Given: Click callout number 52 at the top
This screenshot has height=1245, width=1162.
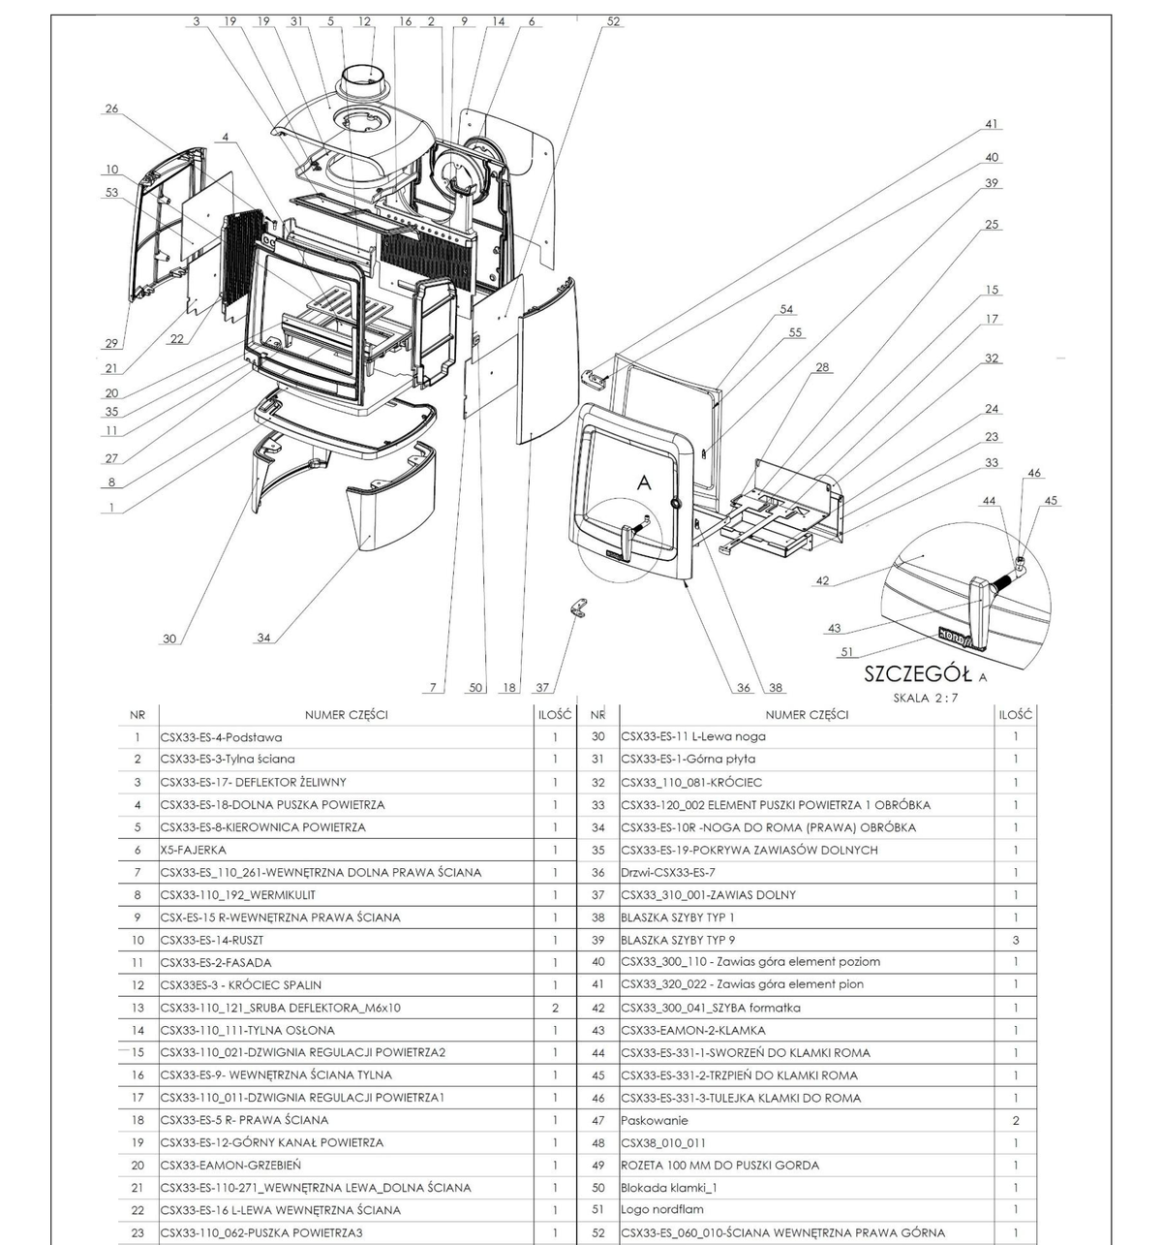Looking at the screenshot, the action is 613,20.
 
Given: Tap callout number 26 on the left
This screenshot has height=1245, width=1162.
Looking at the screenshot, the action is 111,109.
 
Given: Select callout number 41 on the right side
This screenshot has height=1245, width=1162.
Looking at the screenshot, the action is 991,124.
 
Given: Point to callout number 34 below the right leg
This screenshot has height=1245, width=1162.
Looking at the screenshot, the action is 263,638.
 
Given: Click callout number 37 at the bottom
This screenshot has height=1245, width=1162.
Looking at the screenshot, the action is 542,687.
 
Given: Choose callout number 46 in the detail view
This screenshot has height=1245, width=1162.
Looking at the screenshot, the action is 1034,473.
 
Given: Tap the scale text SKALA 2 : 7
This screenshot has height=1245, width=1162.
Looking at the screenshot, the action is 926,699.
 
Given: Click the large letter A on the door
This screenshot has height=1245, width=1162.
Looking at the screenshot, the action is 644,482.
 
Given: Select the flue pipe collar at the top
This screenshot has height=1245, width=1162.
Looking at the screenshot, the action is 368,81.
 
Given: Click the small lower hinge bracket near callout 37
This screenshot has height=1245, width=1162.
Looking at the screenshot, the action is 579,608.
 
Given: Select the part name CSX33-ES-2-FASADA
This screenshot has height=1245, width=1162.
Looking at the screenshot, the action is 216,962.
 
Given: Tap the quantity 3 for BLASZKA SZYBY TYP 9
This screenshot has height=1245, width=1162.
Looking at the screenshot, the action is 1016,940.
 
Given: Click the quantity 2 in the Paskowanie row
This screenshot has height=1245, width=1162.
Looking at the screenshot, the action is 1016,1120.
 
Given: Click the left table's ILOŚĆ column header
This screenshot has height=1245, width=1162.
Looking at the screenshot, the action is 555,715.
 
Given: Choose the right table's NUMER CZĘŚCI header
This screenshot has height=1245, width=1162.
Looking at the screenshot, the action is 807,715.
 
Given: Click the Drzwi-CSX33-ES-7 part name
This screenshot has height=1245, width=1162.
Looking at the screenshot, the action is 667,872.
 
